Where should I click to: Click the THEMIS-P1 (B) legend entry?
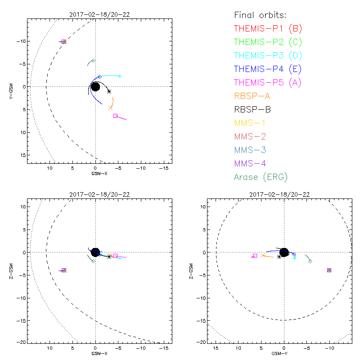pos(268,29)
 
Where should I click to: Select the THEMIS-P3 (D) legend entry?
pos(268,56)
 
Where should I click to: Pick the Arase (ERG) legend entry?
pos(261,177)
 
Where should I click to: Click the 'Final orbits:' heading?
pos(261,15)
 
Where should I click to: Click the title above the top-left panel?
pos(99,14)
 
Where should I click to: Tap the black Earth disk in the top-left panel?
pos(95,86)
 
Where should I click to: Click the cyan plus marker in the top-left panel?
pos(119,76)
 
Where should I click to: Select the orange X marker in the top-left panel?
pos(110,108)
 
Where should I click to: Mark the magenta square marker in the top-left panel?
pos(115,116)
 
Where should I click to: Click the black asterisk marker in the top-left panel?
pos(109,91)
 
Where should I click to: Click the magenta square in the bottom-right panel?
pos(255,256)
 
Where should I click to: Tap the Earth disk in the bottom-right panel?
pos(283,252)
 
